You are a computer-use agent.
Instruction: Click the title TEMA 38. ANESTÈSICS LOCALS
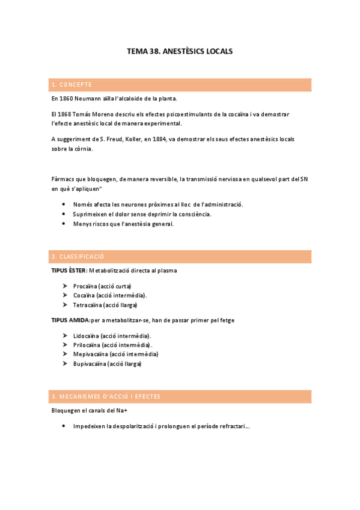180,52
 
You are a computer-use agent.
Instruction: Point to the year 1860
66,98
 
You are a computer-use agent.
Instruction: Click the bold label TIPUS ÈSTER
69,271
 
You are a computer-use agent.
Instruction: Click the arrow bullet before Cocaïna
64,295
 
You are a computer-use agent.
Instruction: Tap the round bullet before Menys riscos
64,224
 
